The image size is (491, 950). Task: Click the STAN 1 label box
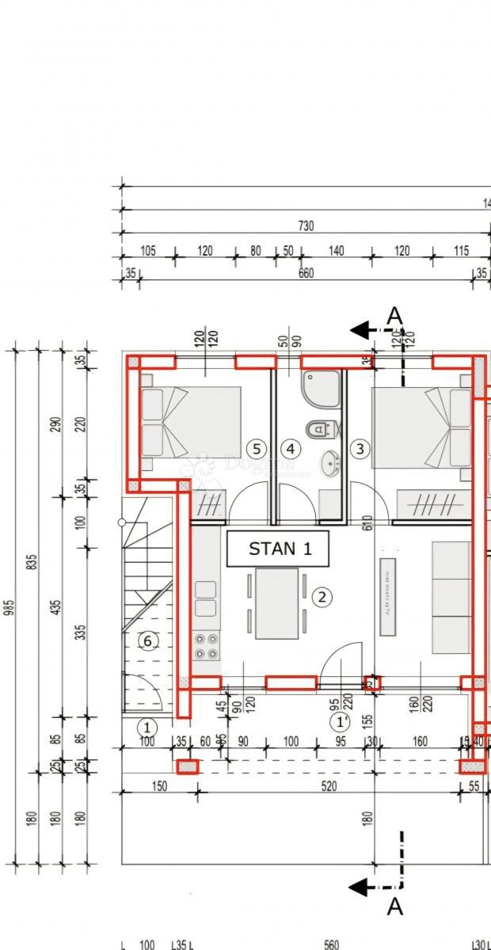tap(277, 549)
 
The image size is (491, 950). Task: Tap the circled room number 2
tap(322, 597)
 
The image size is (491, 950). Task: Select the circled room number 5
tap(255, 449)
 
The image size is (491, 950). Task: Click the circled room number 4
tap(291, 449)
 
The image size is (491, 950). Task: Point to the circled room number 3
tap(360, 449)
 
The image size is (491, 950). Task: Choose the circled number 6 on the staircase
tap(147, 641)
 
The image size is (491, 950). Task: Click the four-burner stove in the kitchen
tap(207, 646)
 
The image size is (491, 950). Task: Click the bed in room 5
tap(191, 422)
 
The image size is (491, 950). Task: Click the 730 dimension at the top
tap(305, 226)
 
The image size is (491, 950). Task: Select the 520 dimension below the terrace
tap(329, 786)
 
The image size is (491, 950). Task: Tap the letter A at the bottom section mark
tap(394, 907)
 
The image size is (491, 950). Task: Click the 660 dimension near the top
tap(305, 274)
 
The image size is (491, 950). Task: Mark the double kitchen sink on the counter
tap(205, 598)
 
